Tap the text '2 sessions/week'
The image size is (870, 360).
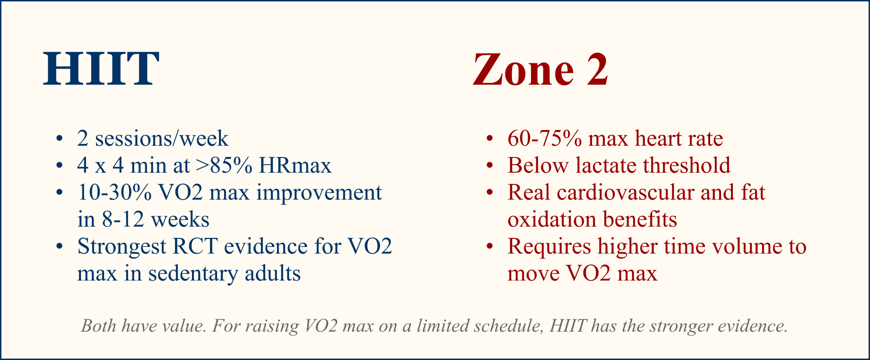153,139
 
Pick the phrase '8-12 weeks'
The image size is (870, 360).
156,220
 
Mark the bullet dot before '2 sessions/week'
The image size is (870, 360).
60,139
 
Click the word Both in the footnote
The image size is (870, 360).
97,326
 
